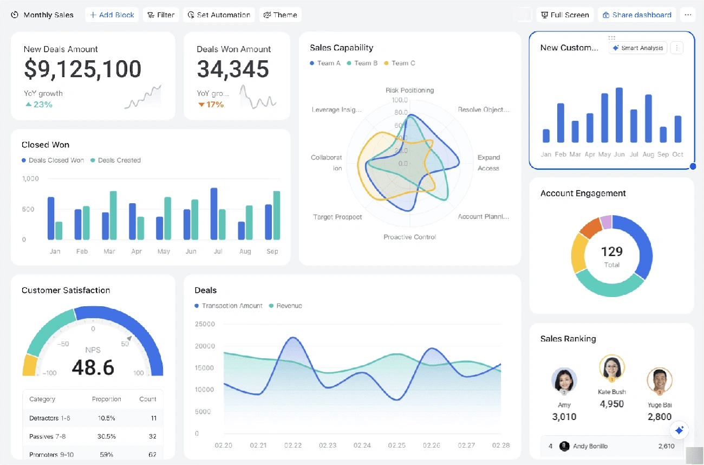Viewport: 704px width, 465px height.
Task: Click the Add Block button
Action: point(112,15)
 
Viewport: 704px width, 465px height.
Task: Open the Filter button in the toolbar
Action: point(161,15)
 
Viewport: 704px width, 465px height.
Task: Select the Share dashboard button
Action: point(637,15)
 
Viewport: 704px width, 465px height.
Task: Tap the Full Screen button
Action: point(565,15)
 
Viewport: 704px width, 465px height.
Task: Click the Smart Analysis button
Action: point(637,48)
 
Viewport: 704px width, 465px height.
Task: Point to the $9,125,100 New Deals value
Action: point(82,69)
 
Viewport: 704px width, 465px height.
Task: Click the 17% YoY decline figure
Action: point(211,104)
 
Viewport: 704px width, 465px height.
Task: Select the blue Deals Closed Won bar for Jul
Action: point(214,214)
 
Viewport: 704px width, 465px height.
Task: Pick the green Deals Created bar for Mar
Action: point(113,215)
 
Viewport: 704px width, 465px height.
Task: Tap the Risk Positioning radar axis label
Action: point(409,91)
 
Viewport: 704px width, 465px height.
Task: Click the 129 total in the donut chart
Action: point(612,251)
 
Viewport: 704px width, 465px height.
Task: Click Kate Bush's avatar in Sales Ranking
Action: point(612,367)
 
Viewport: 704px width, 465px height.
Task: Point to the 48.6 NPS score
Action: point(93,367)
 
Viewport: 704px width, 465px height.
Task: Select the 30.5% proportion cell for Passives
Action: point(106,436)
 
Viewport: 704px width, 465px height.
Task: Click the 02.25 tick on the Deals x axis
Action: point(397,445)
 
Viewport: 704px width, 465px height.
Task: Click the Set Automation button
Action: point(219,15)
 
